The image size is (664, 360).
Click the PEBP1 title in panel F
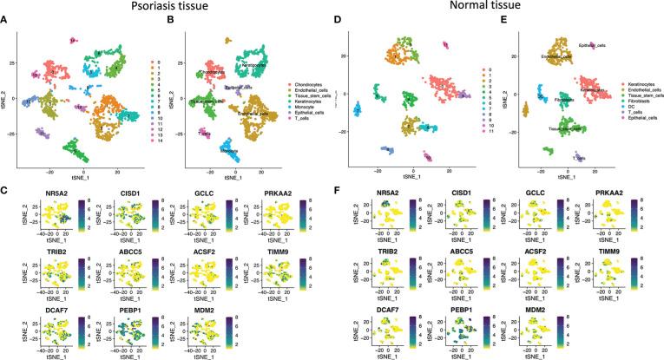coord(448,292)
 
